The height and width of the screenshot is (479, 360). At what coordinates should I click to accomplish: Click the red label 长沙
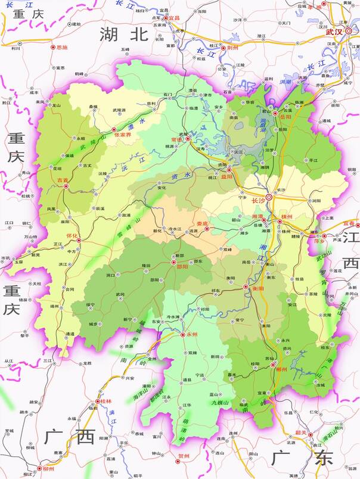[259, 200]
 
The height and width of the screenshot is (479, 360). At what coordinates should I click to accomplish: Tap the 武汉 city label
[334, 32]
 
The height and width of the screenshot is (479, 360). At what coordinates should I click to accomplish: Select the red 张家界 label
[122, 135]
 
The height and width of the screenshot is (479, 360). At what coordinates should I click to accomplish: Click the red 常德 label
[176, 139]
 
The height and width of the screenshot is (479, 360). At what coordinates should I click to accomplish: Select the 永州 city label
[192, 335]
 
